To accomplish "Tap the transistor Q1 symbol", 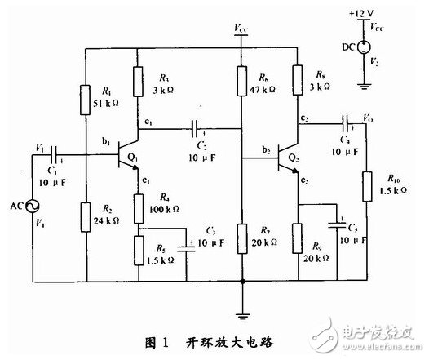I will [x=126, y=154].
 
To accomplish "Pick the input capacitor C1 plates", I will [x=55, y=153].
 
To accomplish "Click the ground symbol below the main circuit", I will [x=242, y=311].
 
